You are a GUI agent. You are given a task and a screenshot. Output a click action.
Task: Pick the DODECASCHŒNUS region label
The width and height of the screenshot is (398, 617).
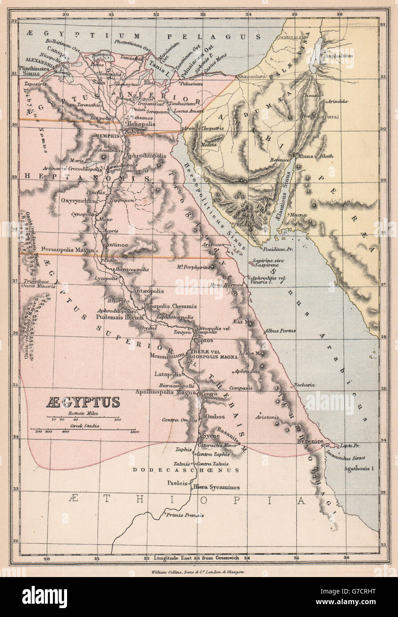pos(187,470)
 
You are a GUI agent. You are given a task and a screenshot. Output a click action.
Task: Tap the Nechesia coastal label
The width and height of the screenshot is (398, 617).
pos(305,385)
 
